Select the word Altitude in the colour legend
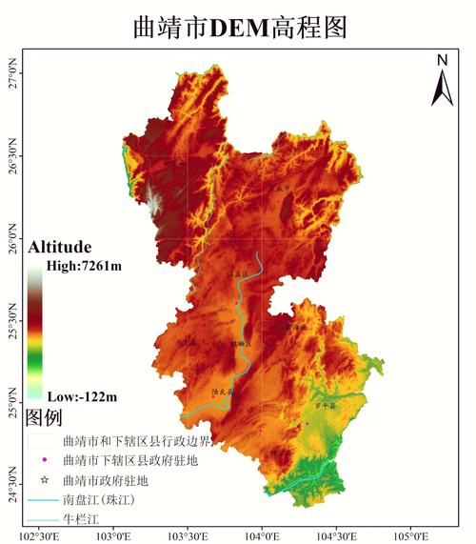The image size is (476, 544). [x=59, y=246]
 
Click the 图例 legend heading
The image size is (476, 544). [x=44, y=417]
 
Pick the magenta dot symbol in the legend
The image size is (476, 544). [x=43, y=461]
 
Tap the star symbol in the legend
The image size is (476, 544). [x=43, y=480]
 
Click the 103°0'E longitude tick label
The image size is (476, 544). [x=112, y=534]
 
